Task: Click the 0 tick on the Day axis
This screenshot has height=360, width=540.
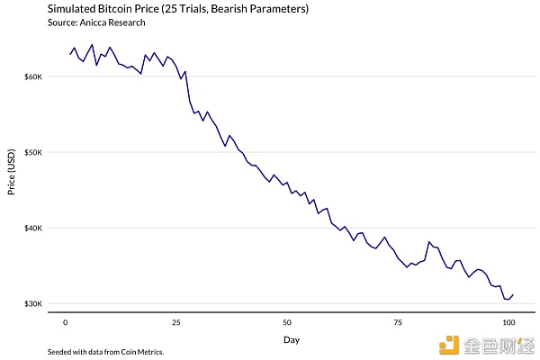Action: point(66,321)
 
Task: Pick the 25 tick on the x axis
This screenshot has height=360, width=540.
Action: point(175,321)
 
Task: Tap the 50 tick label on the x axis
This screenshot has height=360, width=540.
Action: point(286,321)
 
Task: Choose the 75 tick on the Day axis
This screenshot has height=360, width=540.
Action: point(397,321)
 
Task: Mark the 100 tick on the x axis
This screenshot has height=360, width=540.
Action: point(508,321)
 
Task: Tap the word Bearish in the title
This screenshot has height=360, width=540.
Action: point(233,8)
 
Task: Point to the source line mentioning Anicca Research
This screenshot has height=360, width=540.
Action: point(88,22)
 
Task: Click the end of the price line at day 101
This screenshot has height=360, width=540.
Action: point(513,294)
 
